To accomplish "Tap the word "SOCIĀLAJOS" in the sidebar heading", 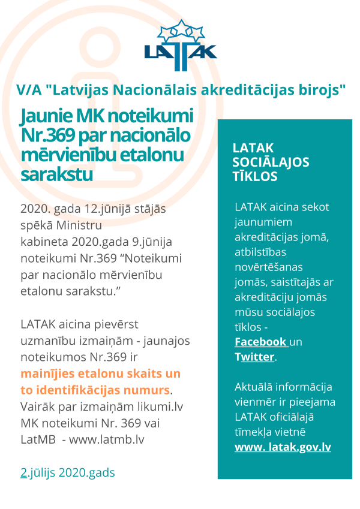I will (x=271, y=162).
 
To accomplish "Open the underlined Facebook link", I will (x=261, y=342).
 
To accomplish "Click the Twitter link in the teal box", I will (x=254, y=357).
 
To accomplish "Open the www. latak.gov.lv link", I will (x=283, y=447).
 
